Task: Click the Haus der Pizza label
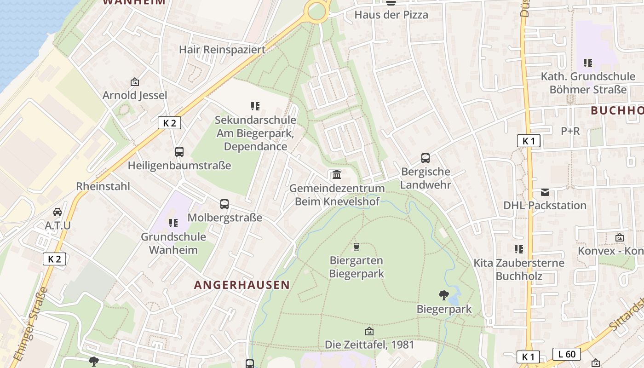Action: coord(391,15)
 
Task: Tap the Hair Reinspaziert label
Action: coord(222,49)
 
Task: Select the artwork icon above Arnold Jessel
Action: coord(135,82)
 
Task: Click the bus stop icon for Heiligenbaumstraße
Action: coord(179,152)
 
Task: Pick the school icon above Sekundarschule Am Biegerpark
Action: coord(255,106)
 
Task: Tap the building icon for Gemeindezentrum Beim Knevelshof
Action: coord(337,175)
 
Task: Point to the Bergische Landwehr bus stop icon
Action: coord(425,158)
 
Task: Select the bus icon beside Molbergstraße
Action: coord(224,204)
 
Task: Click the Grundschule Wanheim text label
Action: coord(173,243)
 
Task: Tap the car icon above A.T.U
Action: coord(57,212)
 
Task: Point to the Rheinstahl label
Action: coord(103,186)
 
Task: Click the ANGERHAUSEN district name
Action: coord(242,285)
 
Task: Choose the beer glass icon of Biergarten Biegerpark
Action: coord(356,247)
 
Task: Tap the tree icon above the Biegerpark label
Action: coord(444,295)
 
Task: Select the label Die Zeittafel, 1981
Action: coord(369,345)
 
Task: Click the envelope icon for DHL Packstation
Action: coord(545,192)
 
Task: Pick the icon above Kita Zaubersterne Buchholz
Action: coord(519,249)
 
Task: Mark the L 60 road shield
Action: coord(566,354)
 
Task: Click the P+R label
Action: coord(570,131)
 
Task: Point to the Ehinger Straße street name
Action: coord(30,325)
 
